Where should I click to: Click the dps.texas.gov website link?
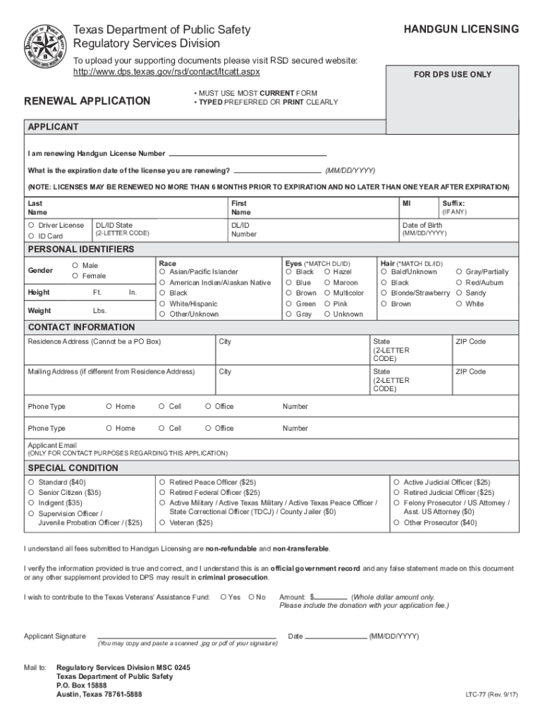pyautogui.click(x=167, y=72)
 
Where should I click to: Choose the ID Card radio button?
pyautogui.click(x=31, y=236)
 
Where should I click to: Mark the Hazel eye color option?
pyautogui.click(x=327, y=272)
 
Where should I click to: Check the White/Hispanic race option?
pyautogui.click(x=162, y=304)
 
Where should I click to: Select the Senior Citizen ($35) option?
pyautogui.click(x=31, y=493)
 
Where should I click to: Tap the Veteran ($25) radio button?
pyautogui.click(x=162, y=523)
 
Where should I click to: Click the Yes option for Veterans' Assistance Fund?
pyautogui.click(x=224, y=597)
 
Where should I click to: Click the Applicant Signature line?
pyautogui.click(x=186, y=636)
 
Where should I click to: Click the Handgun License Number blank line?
pyautogui.click(x=248, y=154)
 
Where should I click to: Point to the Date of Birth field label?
pyautogui.click(x=422, y=226)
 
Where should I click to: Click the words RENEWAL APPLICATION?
pyautogui.click(x=87, y=101)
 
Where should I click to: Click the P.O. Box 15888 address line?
pyautogui.click(x=82, y=685)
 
